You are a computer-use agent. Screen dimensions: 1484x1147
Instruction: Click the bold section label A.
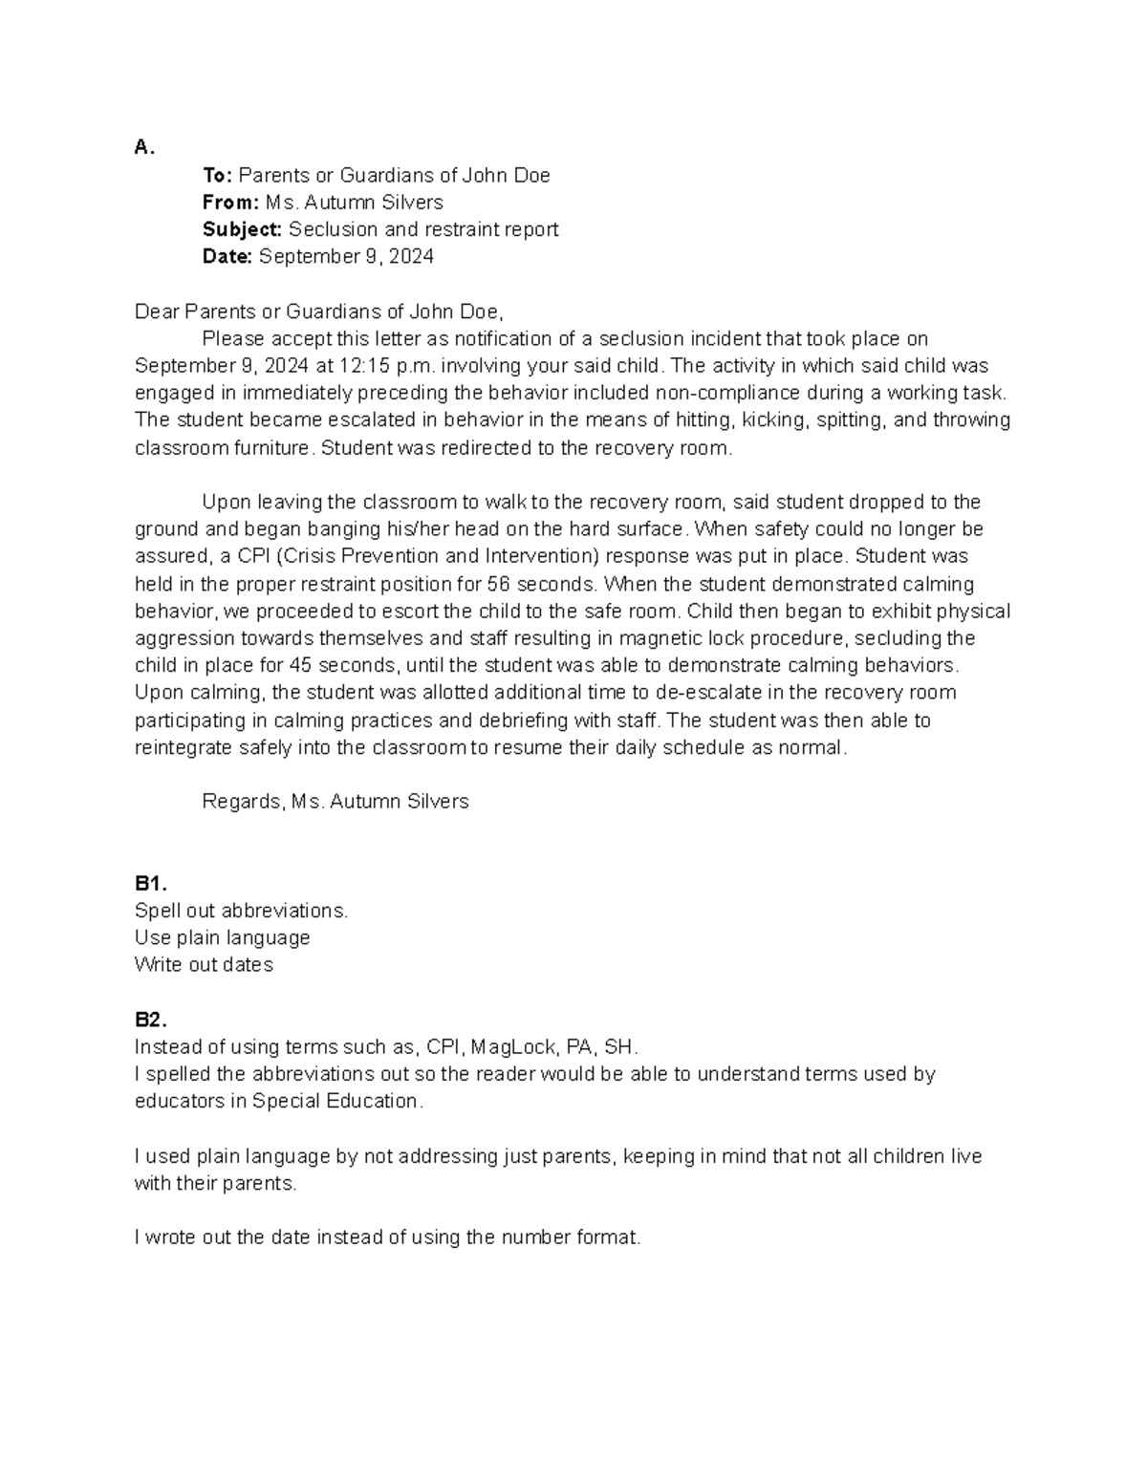click(143, 147)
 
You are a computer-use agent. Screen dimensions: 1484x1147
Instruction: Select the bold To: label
click(217, 175)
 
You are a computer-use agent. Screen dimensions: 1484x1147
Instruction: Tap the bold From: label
click(230, 203)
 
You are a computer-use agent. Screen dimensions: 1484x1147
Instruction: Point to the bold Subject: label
click(242, 229)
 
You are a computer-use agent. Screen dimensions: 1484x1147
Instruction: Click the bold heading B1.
click(150, 884)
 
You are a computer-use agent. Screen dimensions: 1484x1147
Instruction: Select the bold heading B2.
click(150, 1020)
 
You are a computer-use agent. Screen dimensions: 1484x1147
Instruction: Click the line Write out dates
click(204, 965)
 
